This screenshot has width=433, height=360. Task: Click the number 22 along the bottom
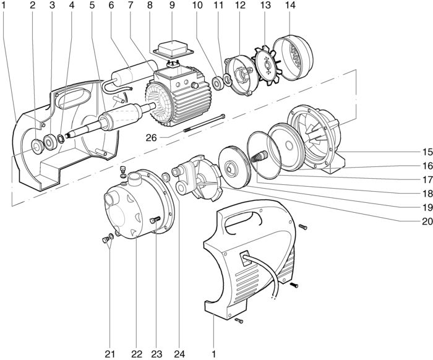(x=137, y=354)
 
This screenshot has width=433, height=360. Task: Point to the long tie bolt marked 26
(x=204, y=124)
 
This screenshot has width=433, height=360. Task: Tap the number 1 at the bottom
(x=213, y=354)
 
